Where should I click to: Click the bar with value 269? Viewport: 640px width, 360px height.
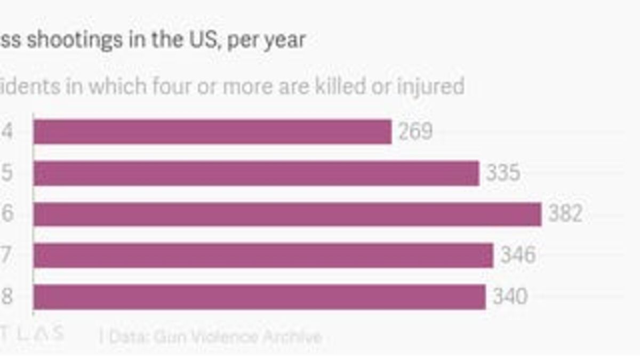(212, 132)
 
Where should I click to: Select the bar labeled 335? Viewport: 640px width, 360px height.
(256, 173)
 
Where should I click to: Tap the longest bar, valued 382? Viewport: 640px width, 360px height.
(287, 214)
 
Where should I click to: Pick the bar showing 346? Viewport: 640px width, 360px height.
(263, 255)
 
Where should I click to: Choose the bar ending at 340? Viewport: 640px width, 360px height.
(259, 297)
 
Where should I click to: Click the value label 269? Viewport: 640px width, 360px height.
(415, 132)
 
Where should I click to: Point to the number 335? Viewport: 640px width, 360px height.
(503, 173)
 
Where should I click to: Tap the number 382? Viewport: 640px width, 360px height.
(565, 214)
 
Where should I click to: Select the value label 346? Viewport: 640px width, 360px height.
(517, 255)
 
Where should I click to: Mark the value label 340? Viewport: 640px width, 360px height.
(510, 297)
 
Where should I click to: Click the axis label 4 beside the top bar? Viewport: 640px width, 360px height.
(6, 132)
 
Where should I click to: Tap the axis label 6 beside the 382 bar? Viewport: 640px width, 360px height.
(6, 214)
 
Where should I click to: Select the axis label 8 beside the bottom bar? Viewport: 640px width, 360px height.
(6, 297)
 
